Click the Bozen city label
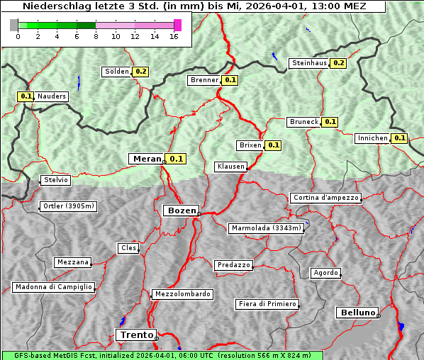[x=181, y=210]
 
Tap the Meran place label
[x=147, y=159]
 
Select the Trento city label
[x=135, y=334]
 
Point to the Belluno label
[x=357, y=312]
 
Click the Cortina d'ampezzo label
[x=325, y=198]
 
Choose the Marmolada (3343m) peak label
[x=267, y=228]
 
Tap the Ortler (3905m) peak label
[x=67, y=207]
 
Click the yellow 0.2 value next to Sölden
[x=141, y=72]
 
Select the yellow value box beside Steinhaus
[x=339, y=63]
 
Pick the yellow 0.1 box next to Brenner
[x=230, y=80]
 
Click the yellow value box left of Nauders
[x=26, y=96]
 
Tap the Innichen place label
[x=373, y=138]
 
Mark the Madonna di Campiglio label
[x=53, y=287]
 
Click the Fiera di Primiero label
[x=267, y=304]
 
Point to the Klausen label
[x=230, y=167]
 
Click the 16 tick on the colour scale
[x=174, y=36]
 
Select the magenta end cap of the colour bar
[x=177, y=25]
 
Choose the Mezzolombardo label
[x=182, y=294]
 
